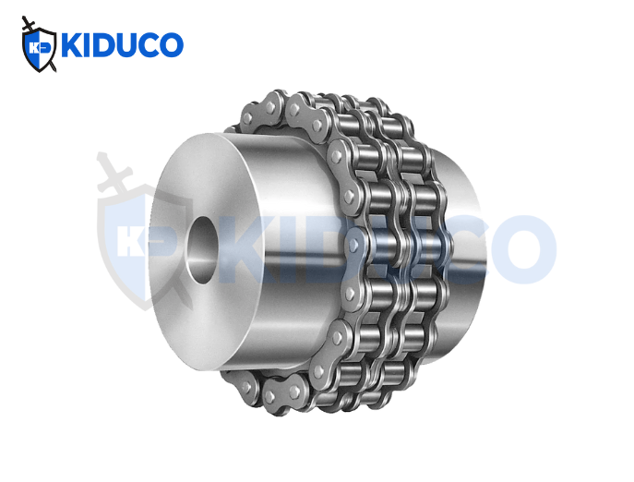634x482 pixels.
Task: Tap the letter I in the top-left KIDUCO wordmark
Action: [x=89, y=45]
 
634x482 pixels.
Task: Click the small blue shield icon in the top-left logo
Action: [x=39, y=47]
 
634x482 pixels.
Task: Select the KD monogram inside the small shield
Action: [x=38, y=46]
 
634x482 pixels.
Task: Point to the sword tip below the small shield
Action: [x=53, y=68]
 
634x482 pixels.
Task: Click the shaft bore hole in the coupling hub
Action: [x=202, y=244]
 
